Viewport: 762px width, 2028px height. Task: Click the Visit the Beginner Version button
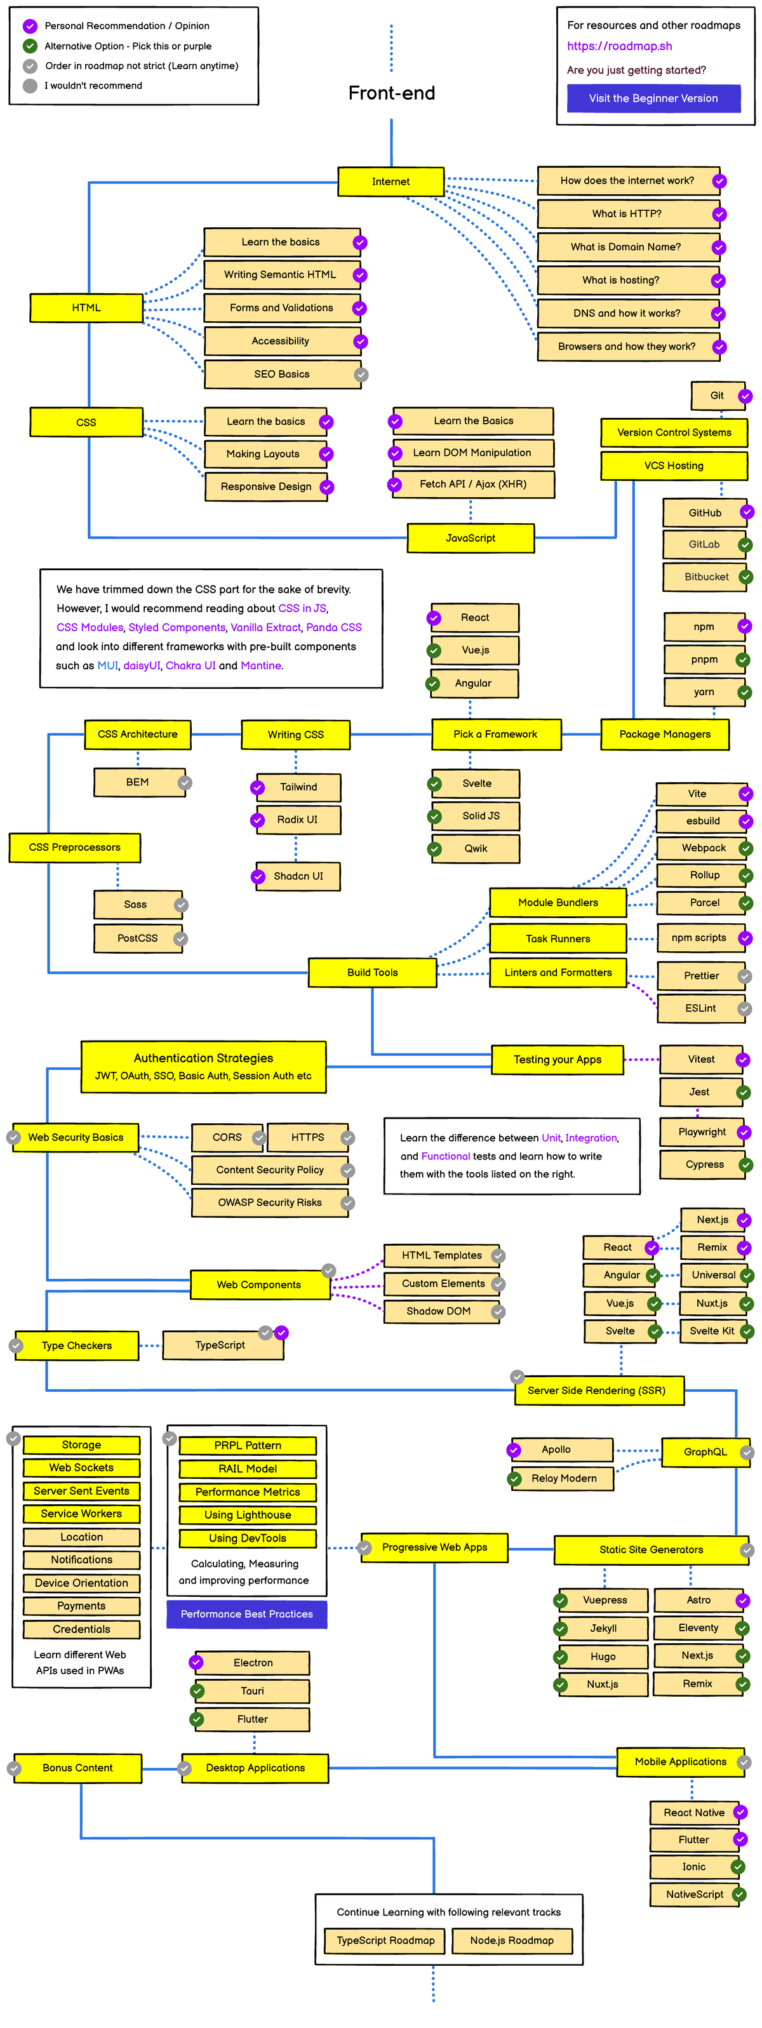(653, 98)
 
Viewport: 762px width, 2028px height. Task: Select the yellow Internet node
(391, 182)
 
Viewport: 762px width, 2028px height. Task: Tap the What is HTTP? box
(627, 214)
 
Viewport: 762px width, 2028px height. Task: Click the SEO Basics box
(281, 375)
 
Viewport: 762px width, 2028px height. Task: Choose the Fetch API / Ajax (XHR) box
(472, 484)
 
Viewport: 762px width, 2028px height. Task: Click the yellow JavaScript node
(470, 538)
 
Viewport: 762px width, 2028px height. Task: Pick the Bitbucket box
(705, 577)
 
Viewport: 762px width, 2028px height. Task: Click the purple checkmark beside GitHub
(746, 512)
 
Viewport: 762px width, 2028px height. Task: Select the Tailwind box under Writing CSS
(298, 787)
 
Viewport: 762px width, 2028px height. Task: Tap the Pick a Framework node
(495, 735)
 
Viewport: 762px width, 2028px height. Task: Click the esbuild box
(702, 821)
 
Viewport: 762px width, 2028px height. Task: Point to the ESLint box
(700, 1008)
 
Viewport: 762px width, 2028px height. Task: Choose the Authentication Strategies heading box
(203, 1067)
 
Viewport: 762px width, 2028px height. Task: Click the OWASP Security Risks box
(269, 1203)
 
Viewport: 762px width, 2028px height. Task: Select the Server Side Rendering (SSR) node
(597, 1391)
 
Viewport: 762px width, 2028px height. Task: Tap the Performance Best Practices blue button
(246, 1614)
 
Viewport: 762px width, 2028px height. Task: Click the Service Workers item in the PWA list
(81, 1514)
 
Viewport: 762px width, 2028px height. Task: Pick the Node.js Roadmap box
(512, 1940)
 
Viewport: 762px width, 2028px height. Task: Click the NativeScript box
(693, 1894)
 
